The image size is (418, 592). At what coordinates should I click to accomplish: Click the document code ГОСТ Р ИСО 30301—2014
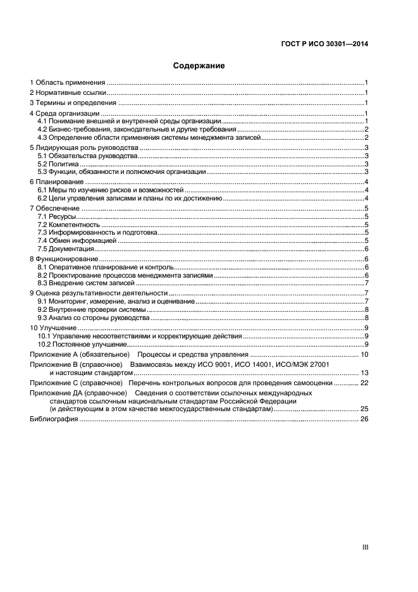point(324,44)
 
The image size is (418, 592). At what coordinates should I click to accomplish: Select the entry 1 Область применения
point(67,83)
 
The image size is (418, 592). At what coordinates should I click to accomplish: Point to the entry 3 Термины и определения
point(73,102)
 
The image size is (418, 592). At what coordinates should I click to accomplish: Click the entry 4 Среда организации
point(65,113)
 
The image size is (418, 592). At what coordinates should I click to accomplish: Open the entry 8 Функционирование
point(64,259)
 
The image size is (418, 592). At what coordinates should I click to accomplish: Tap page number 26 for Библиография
point(364,419)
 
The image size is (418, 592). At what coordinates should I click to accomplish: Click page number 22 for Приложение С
point(364,383)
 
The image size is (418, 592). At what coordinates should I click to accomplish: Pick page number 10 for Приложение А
point(364,354)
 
